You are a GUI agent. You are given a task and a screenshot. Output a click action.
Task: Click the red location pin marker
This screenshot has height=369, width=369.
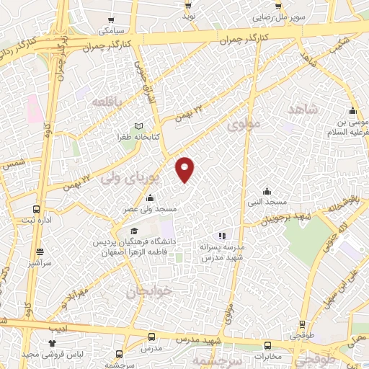[184, 169]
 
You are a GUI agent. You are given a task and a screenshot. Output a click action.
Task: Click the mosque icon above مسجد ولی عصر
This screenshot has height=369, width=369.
[150, 199]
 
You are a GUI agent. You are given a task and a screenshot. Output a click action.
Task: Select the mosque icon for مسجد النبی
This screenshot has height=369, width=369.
[267, 192]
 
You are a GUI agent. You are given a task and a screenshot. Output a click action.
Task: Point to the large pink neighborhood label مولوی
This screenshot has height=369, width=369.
[242, 125]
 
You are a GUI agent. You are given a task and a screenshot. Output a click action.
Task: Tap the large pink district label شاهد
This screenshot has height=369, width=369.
[302, 109]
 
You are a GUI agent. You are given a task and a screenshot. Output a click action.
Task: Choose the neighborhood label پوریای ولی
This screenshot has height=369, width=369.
[124, 175]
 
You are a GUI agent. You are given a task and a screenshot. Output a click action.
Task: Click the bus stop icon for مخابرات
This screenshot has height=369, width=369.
[268, 345]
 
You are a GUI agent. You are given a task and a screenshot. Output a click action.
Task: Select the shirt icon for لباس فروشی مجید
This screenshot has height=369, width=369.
[51, 344]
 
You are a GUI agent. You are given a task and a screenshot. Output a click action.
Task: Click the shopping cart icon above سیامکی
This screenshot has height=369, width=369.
[110, 21]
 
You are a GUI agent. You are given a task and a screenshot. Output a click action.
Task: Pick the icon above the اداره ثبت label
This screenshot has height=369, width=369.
[37, 209]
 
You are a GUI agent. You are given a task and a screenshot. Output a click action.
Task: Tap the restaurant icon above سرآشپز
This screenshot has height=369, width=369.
[39, 252]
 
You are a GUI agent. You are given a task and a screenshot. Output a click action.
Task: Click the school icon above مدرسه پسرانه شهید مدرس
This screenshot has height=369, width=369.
[222, 236]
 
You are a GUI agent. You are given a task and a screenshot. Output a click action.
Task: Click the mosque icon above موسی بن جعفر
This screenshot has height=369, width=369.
[352, 111]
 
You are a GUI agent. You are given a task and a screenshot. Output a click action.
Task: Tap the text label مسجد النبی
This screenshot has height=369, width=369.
[275, 203]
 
